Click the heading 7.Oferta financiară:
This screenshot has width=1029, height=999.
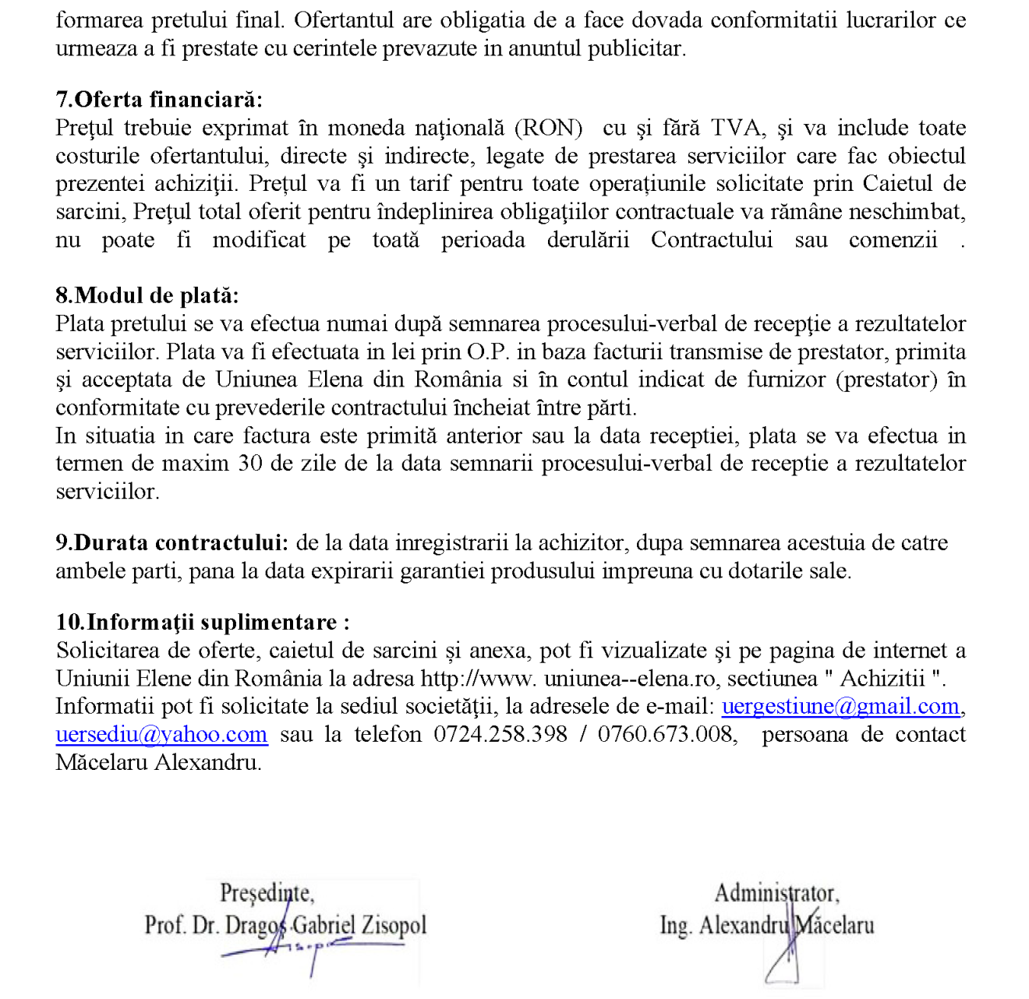coord(159,100)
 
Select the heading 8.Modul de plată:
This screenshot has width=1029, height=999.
coord(147,295)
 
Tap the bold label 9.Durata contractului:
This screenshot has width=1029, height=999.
coord(171,542)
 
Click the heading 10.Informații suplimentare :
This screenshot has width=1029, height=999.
coord(203,622)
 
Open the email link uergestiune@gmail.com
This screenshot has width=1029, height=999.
coord(840,706)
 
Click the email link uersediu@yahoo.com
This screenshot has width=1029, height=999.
coord(161,734)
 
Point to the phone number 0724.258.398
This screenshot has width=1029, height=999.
coord(500,734)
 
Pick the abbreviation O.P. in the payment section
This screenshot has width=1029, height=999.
coord(488,351)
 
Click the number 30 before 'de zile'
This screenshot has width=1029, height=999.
coord(250,464)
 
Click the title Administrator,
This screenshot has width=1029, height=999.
coord(776,893)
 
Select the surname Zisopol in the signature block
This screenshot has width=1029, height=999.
coord(394,926)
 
